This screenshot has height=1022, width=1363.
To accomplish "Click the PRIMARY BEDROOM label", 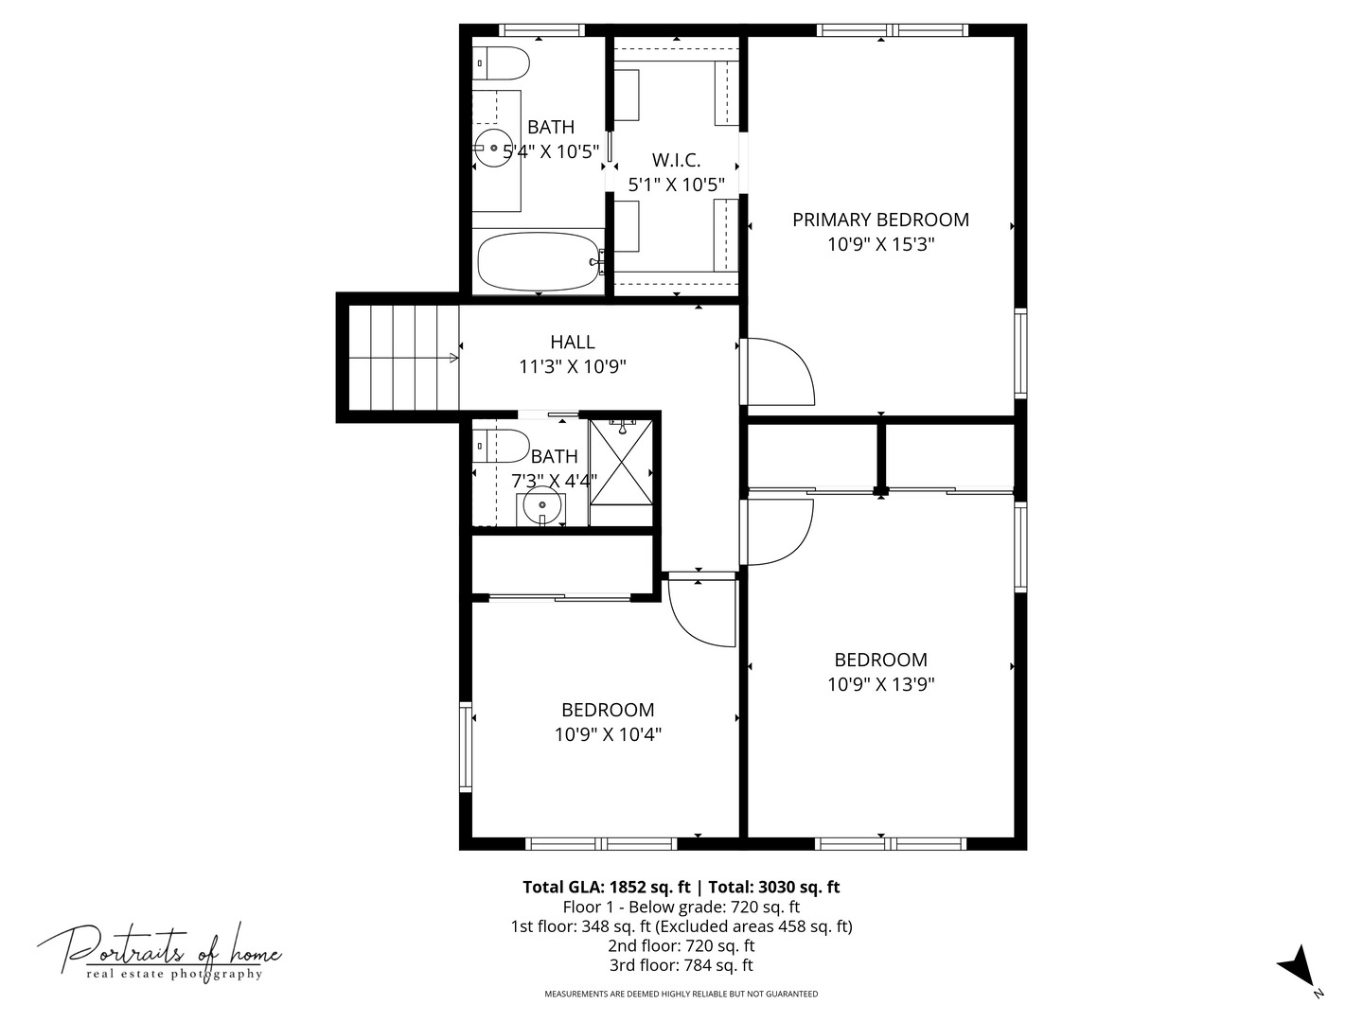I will pyautogui.click(x=880, y=220).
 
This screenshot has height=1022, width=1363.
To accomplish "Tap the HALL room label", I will pyautogui.click(x=573, y=343).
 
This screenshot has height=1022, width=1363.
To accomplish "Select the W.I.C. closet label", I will pyautogui.click(x=676, y=161).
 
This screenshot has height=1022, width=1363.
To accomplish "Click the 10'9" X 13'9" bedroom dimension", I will pyautogui.click(x=880, y=684).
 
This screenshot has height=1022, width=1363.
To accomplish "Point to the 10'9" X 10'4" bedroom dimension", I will pyautogui.click(x=608, y=734).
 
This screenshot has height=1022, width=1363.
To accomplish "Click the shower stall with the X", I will pyautogui.click(x=621, y=462).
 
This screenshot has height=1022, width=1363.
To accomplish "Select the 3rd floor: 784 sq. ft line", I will pyautogui.click(x=681, y=965).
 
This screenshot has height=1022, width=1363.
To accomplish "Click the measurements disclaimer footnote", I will pyautogui.click(x=681, y=994).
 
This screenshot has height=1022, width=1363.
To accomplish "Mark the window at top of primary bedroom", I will pyautogui.click(x=893, y=30).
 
